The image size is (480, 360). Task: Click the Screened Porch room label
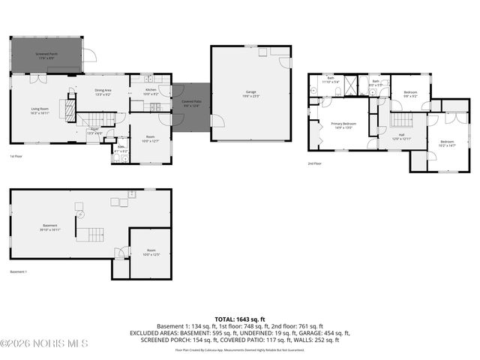[x=46, y=55]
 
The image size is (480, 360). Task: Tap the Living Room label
[x=40, y=110]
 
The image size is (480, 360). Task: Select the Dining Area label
[x=103, y=92]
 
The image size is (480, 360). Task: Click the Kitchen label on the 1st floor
[x=150, y=91]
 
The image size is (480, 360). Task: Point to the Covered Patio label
[x=191, y=103]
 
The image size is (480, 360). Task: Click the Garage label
[x=250, y=93]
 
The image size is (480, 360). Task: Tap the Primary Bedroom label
[x=344, y=124]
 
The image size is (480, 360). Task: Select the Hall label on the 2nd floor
[x=401, y=136]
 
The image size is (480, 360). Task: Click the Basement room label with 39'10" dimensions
[x=50, y=227]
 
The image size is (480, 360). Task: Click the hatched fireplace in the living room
[x=69, y=112]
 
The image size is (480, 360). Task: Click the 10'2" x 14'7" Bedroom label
[x=447, y=143]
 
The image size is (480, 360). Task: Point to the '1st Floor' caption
[x=17, y=156]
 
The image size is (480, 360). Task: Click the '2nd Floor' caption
[x=314, y=163]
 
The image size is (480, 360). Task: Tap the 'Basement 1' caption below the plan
[x=19, y=271]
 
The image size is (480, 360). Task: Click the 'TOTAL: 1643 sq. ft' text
[x=240, y=319]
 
